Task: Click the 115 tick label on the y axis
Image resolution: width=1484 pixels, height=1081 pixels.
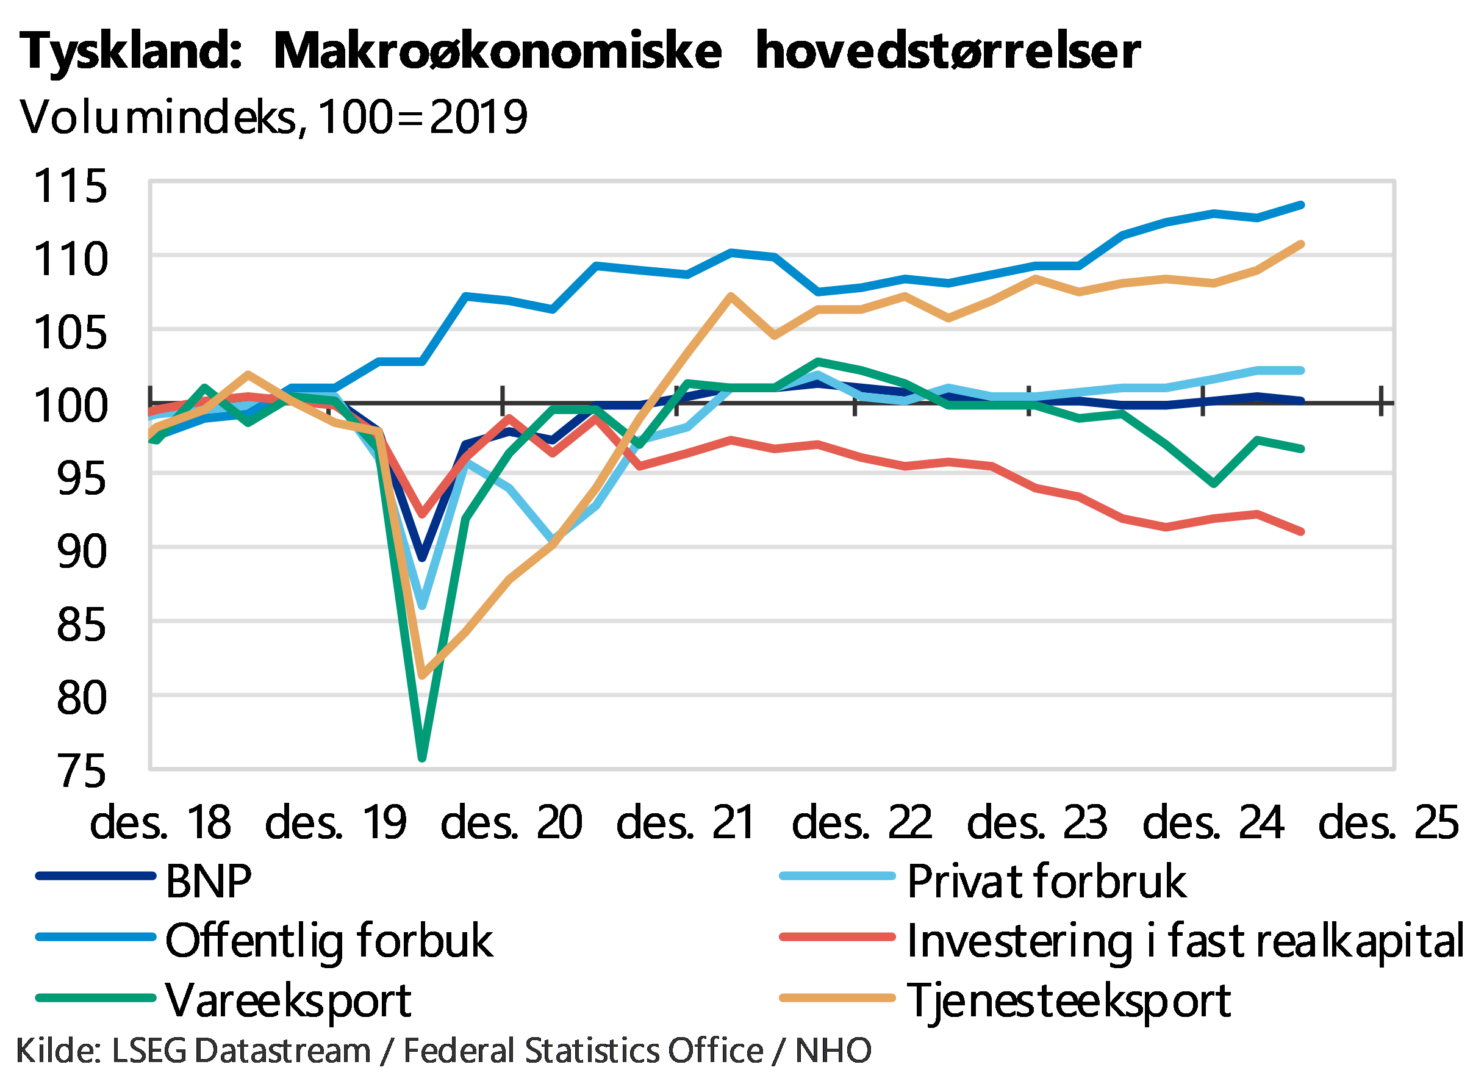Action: [71, 185]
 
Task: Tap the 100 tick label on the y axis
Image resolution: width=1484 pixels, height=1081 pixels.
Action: [71, 405]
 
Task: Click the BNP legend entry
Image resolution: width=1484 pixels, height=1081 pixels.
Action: [208, 881]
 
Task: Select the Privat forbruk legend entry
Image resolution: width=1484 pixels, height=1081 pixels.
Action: [1047, 881]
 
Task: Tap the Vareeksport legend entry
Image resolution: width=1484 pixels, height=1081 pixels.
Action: [288, 1000]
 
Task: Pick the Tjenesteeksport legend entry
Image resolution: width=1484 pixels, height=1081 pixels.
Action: [1070, 1000]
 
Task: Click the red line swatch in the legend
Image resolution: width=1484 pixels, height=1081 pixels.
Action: [837, 937]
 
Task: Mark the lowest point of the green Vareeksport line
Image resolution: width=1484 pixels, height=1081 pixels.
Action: [422, 758]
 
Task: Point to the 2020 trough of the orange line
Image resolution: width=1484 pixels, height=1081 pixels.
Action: [423, 676]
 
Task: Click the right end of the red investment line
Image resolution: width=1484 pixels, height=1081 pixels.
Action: [1302, 532]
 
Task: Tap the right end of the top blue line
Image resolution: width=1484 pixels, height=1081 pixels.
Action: [1302, 205]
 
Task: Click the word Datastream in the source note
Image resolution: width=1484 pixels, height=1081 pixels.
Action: [282, 1051]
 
